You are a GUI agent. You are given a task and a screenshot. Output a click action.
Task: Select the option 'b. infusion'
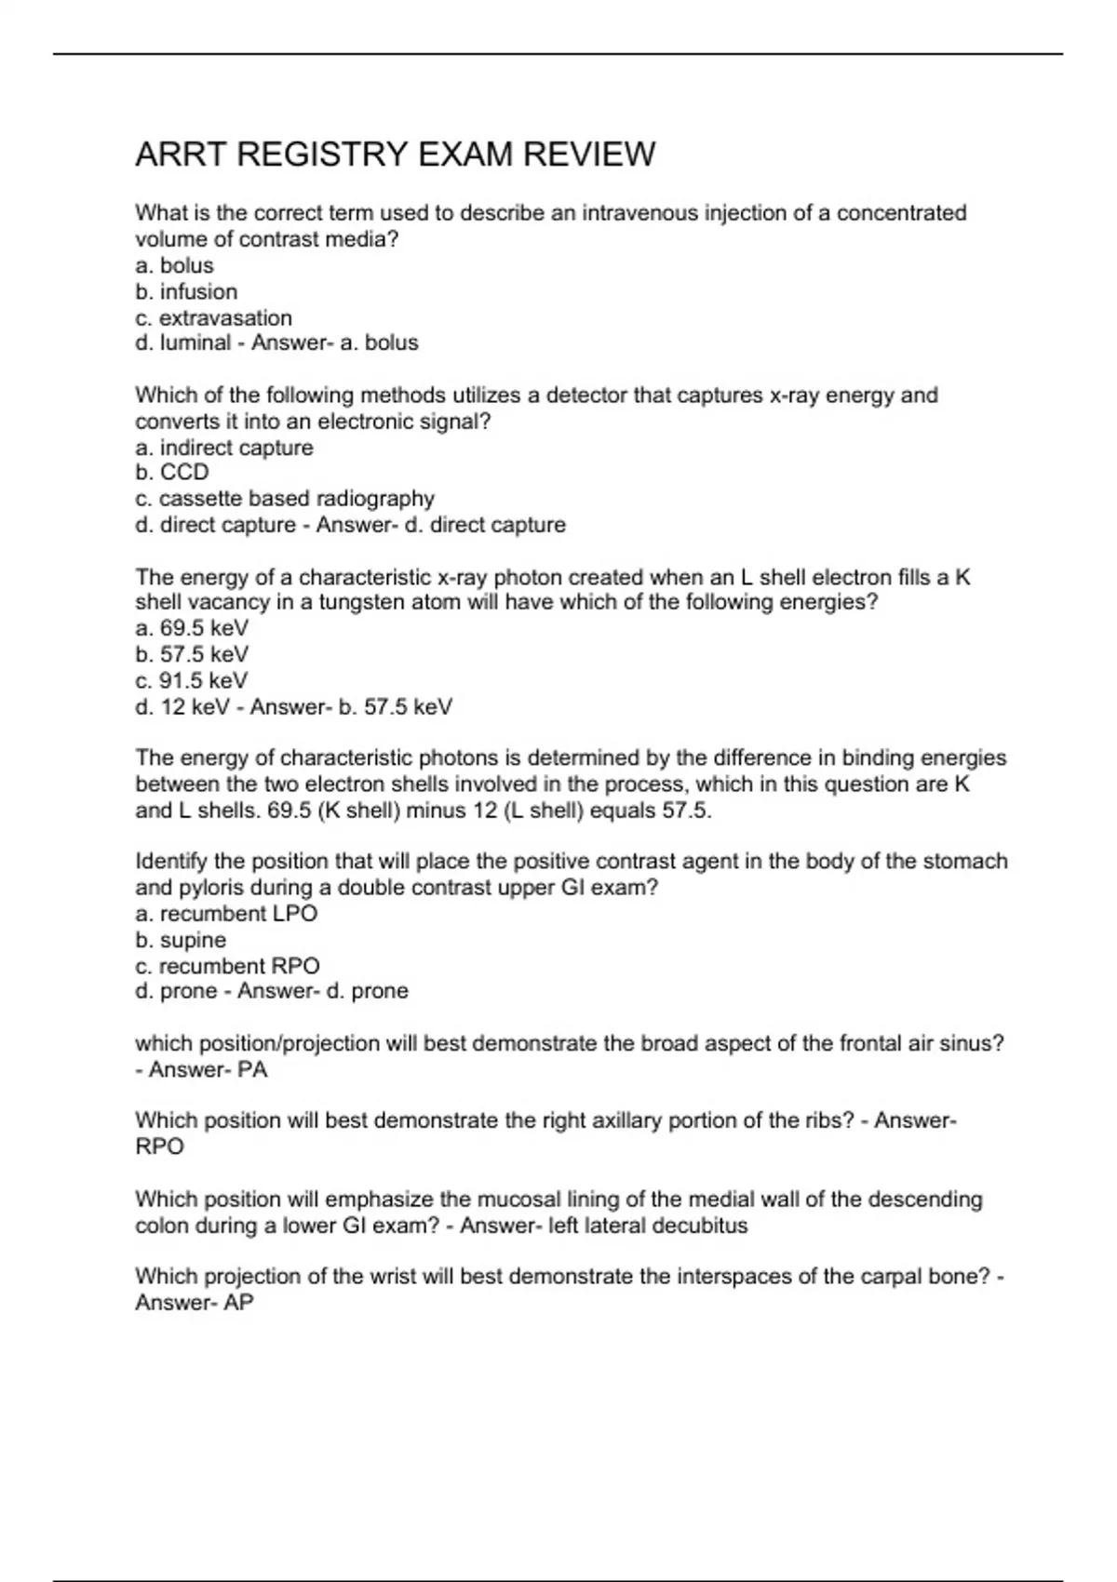tap(186, 291)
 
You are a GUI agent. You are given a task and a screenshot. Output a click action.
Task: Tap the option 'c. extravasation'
tap(213, 317)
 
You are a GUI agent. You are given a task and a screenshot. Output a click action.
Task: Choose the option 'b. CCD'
tap(172, 472)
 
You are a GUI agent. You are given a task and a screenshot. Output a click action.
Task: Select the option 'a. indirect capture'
tap(224, 448)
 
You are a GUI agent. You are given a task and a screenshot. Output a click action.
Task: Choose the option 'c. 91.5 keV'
tap(192, 680)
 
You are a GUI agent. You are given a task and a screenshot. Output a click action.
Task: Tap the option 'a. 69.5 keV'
tap(192, 628)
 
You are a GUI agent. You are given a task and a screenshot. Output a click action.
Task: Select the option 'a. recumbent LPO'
tap(226, 913)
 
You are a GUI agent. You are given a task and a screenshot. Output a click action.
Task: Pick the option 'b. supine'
tap(181, 940)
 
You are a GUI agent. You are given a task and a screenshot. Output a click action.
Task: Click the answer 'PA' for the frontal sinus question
tap(252, 1069)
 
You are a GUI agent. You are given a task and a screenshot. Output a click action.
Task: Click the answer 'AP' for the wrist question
tap(238, 1302)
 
